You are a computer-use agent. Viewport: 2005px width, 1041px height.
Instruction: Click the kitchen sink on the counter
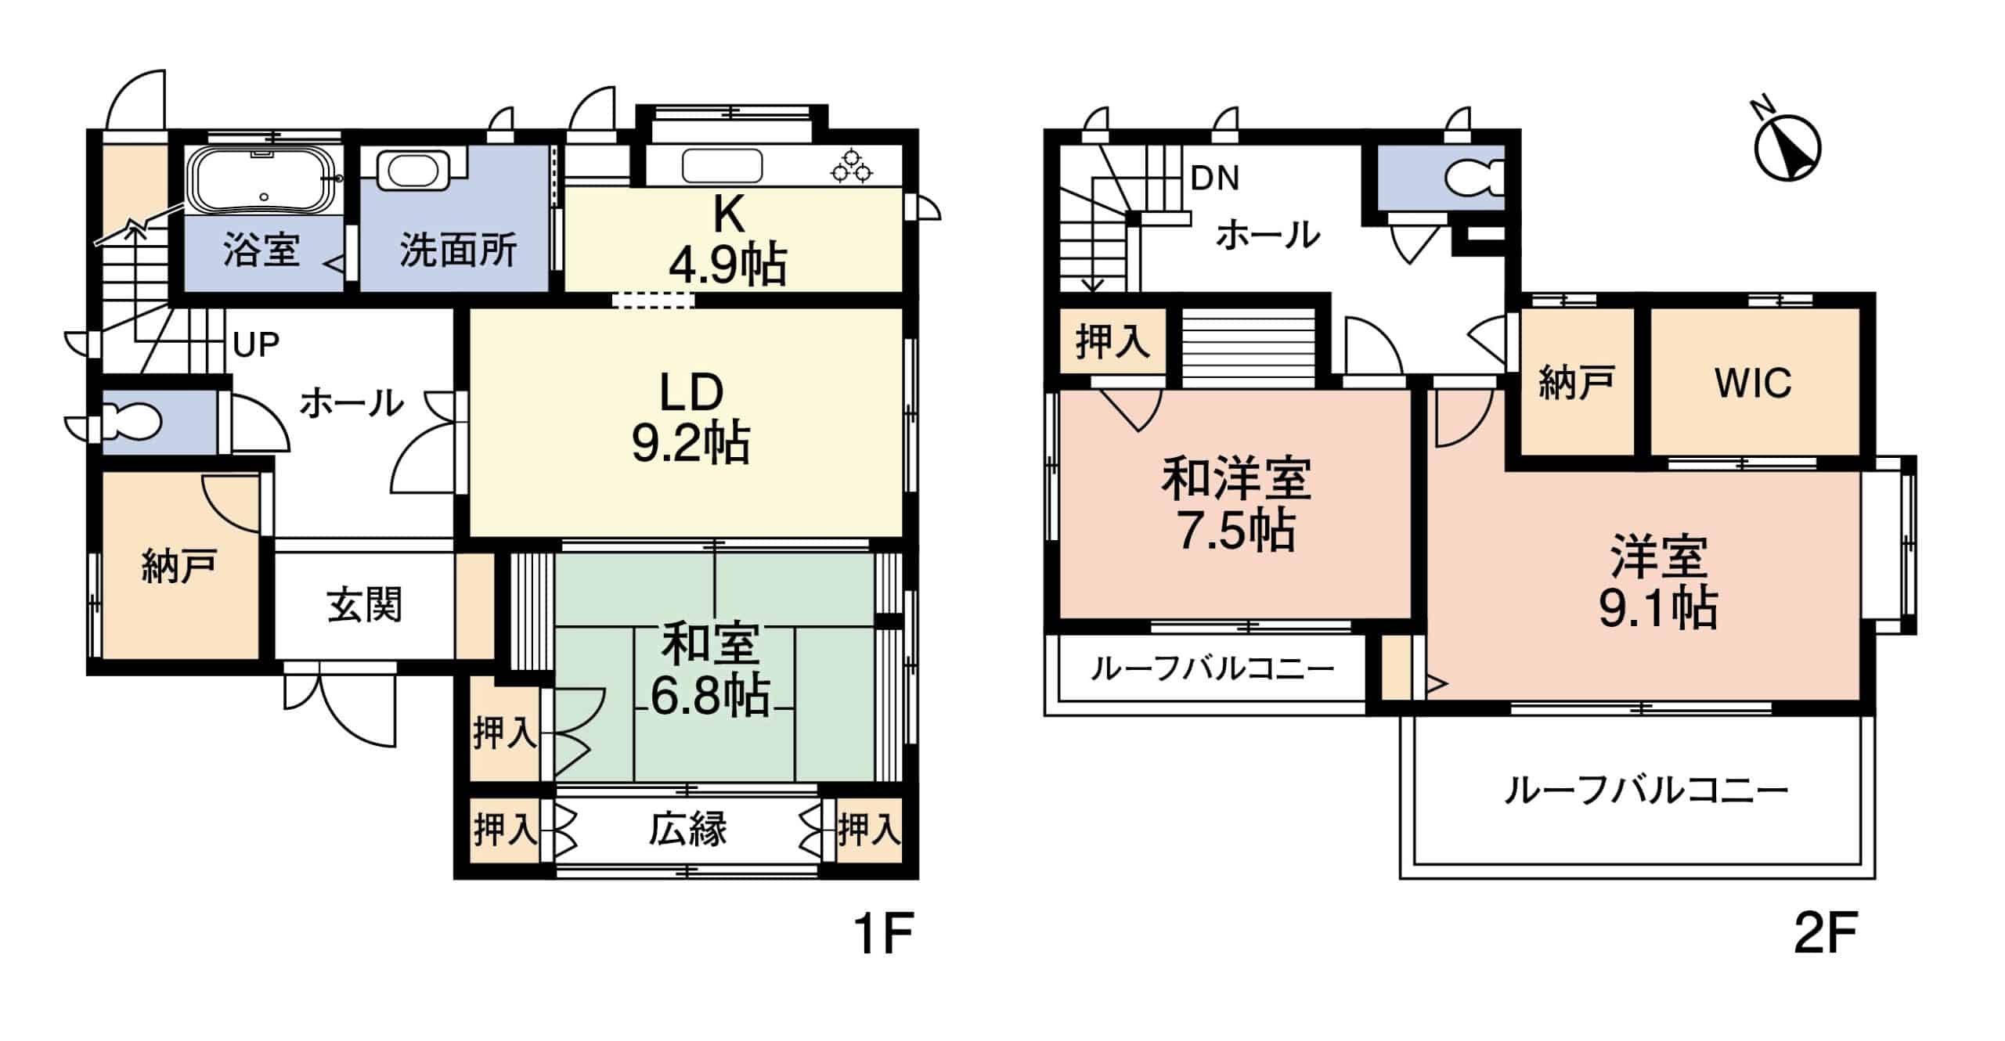[x=722, y=166]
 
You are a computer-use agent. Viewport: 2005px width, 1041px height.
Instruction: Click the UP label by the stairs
[x=256, y=344]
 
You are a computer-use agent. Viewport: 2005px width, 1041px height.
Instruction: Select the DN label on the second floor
[x=1214, y=179]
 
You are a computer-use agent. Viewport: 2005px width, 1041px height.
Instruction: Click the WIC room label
[x=1753, y=384]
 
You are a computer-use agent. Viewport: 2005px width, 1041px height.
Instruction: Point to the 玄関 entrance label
[x=364, y=605]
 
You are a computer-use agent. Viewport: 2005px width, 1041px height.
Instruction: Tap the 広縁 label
[x=687, y=829]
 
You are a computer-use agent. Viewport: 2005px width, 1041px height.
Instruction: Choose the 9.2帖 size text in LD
[x=691, y=443]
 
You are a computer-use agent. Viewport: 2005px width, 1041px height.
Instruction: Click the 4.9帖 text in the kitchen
[x=727, y=265]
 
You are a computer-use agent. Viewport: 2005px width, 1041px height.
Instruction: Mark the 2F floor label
[x=1825, y=932]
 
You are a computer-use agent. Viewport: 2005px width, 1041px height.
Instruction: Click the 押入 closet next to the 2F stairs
[x=1112, y=342]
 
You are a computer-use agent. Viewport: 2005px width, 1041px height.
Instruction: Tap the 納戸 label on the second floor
[x=1577, y=384]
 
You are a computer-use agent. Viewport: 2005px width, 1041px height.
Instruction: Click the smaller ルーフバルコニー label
[x=1211, y=669]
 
